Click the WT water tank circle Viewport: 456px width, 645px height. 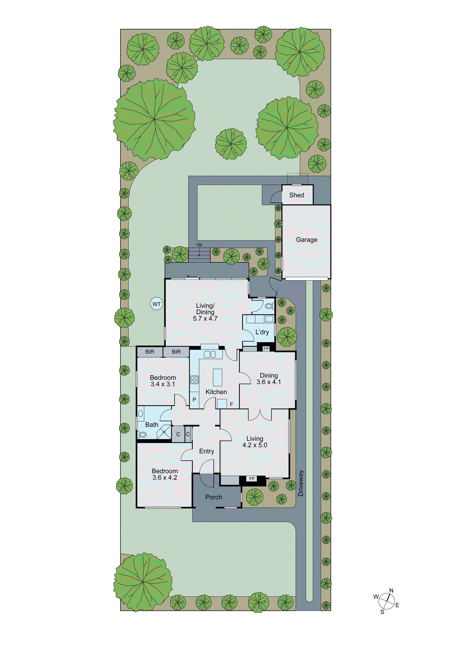tap(156, 304)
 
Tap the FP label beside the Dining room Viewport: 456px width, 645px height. tap(266, 349)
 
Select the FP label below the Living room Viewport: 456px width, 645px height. tap(252, 478)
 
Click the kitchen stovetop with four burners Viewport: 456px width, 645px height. tap(194, 380)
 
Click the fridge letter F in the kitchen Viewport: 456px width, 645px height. tap(231, 404)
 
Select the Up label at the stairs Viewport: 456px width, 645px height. tap(199, 244)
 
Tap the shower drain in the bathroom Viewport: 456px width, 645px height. tap(164, 432)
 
